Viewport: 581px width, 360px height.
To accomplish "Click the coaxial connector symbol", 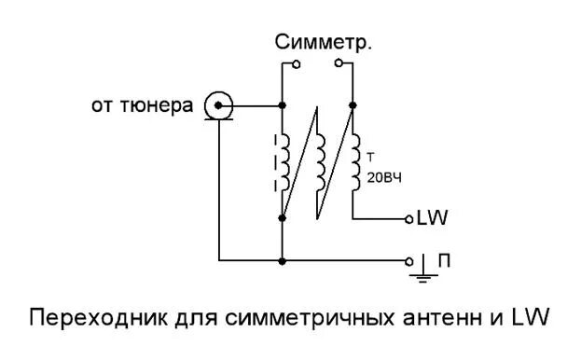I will [x=219, y=105].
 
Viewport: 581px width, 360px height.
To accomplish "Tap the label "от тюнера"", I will [x=143, y=106].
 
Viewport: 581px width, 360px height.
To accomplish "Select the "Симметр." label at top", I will [x=324, y=43].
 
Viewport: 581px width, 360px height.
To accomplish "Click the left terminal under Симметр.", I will [x=297, y=64].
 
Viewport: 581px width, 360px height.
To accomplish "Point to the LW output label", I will [x=434, y=219].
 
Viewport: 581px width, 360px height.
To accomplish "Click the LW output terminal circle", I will [x=408, y=219].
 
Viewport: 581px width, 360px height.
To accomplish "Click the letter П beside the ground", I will [x=445, y=261].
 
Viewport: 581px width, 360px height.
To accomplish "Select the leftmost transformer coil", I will [x=283, y=161].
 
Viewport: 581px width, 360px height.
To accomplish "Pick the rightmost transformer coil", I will [x=354, y=161].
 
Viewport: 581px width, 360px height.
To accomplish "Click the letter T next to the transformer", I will [x=372, y=157].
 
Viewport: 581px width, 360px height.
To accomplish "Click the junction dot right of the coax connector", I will [x=282, y=105].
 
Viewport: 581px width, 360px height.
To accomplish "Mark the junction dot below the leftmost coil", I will [x=282, y=217].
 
